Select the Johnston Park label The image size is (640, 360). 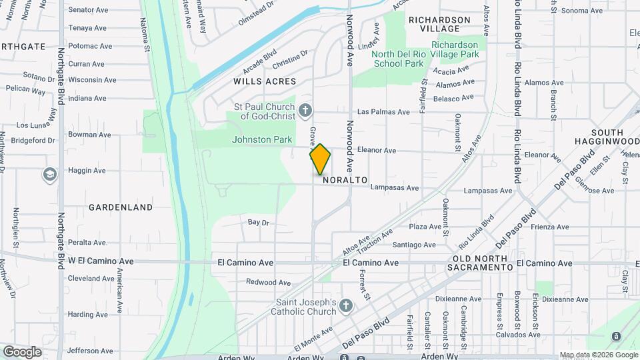click(x=262, y=140)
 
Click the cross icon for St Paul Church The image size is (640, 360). click(x=305, y=110)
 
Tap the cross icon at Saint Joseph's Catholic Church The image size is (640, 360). click(x=345, y=306)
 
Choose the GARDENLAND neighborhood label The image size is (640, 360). click(x=121, y=207)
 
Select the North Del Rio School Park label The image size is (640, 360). click(x=399, y=59)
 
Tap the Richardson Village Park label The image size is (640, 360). click(x=455, y=49)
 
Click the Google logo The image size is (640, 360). click(x=22, y=351)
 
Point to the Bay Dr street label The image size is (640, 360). click(x=258, y=222)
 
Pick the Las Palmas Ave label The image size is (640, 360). click(x=383, y=112)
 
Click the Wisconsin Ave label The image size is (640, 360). click(x=92, y=80)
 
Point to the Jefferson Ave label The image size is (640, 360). click(x=91, y=351)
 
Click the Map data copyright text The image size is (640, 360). click(x=598, y=355)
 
